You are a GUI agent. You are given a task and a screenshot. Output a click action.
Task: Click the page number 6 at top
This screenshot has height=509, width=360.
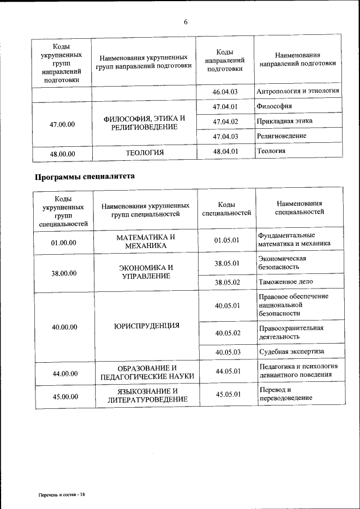click(x=185, y=22)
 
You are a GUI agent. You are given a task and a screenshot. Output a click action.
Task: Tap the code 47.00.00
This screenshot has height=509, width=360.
click(x=62, y=124)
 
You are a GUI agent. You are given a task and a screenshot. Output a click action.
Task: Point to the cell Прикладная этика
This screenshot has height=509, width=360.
click(x=284, y=121)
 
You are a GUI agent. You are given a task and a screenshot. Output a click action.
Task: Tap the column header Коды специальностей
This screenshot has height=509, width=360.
click(x=226, y=209)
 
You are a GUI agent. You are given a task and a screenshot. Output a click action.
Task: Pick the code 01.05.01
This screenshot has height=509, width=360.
click(x=227, y=240)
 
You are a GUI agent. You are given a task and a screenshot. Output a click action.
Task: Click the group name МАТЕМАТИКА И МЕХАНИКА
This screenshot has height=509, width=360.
click(x=146, y=241)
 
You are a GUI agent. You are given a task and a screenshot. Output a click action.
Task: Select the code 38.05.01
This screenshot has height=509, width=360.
click(x=227, y=263)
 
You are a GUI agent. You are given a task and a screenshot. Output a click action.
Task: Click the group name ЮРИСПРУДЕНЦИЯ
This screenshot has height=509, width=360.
click(x=146, y=325)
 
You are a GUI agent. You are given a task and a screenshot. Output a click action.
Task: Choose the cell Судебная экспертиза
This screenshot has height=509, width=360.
click(x=291, y=352)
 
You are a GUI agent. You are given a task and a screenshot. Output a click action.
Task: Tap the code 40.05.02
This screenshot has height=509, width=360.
click(x=227, y=332)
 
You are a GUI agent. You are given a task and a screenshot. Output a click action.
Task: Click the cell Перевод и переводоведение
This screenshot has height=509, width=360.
click(x=285, y=394)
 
